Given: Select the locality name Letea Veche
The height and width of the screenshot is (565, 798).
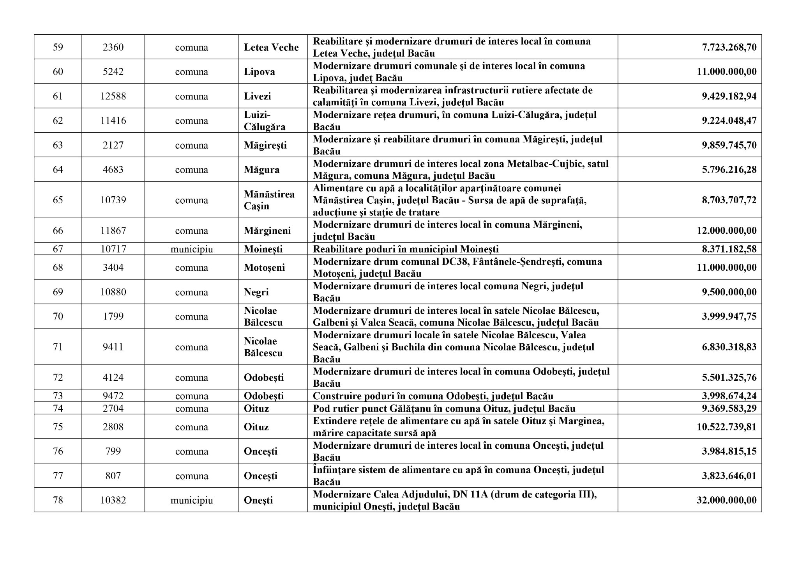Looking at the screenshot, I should tap(271, 47).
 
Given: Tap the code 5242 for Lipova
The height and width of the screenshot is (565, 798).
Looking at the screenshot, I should tap(113, 72).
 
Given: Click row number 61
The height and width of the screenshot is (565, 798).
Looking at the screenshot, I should tap(58, 96).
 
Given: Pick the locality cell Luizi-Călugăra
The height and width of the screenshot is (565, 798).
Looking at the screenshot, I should tap(265, 121).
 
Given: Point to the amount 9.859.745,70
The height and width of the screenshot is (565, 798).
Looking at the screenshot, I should tap(729, 145).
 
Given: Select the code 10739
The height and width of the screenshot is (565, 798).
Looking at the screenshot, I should tap(113, 200).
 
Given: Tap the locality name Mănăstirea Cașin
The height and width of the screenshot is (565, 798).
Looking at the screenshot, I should tap(269, 200).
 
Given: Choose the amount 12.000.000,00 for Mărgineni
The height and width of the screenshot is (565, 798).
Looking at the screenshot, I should tap(726, 231).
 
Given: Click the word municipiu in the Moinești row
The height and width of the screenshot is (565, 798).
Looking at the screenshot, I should tap(191, 249).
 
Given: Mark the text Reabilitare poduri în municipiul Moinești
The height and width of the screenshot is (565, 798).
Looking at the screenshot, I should tap(406, 249).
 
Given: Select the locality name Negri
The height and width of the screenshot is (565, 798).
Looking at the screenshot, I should tap(256, 292).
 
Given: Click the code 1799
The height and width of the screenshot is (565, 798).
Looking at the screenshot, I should tap(113, 316).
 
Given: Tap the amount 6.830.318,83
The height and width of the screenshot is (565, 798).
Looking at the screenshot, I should tap(729, 347).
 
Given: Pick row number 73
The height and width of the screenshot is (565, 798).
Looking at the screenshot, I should tap(58, 396).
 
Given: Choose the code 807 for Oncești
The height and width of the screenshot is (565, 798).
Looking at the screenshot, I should tap(113, 476).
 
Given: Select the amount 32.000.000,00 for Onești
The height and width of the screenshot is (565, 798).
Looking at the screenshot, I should tap(726, 500).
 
